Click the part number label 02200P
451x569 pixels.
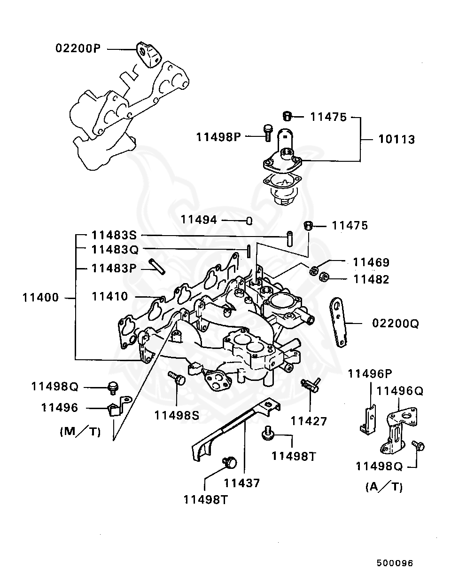tap(78, 48)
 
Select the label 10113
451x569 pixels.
tap(397, 140)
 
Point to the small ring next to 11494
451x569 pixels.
tap(249, 221)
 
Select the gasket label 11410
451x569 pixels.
tap(110, 297)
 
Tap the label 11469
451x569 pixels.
tap(371, 262)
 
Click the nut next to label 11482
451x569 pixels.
tap(323, 278)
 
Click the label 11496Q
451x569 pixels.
tap(400, 391)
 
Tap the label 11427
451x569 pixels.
tap(309, 421)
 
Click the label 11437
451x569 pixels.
tap(241, 483)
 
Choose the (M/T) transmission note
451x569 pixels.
tap(80, 431)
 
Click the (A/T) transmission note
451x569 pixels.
tap(384, 487)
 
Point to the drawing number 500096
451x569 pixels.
tap(394, 563)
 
